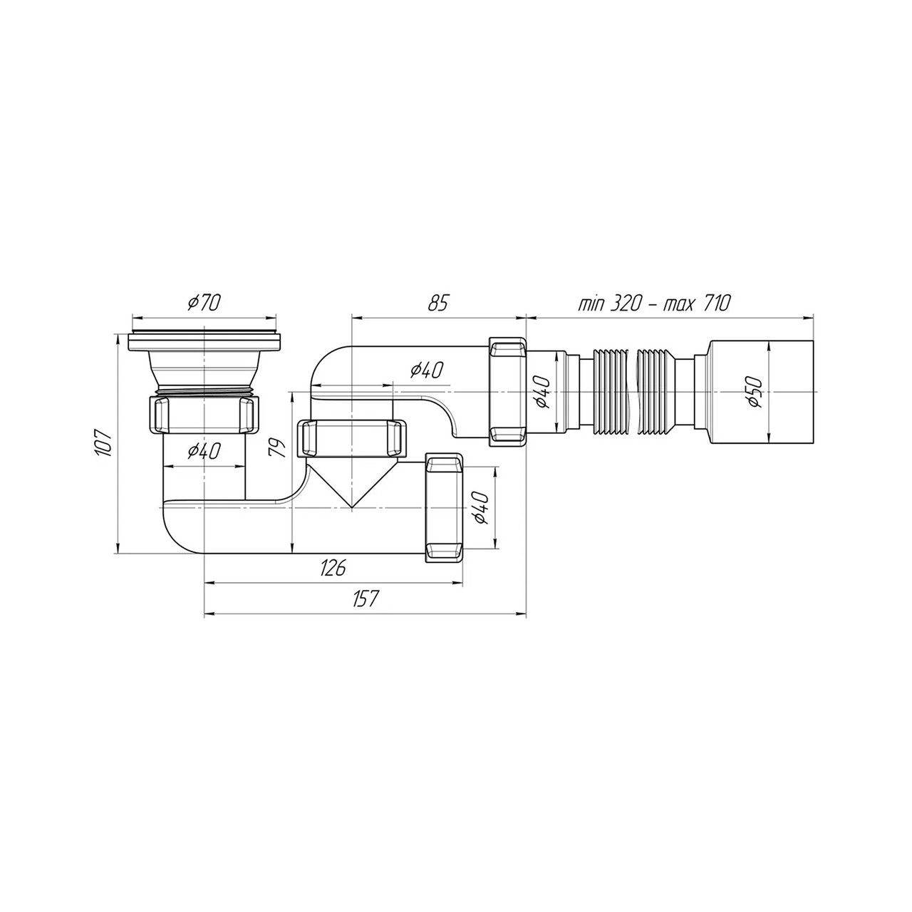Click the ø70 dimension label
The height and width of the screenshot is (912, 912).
pyautogui.click(x=204, y=302)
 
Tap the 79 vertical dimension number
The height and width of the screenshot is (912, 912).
pyautogui.click(x=277, y=447)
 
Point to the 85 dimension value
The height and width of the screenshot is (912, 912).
pyautogui.click(x=437, y=302)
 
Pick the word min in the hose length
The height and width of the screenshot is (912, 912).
pyautogui.click(x=590, y=303)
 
